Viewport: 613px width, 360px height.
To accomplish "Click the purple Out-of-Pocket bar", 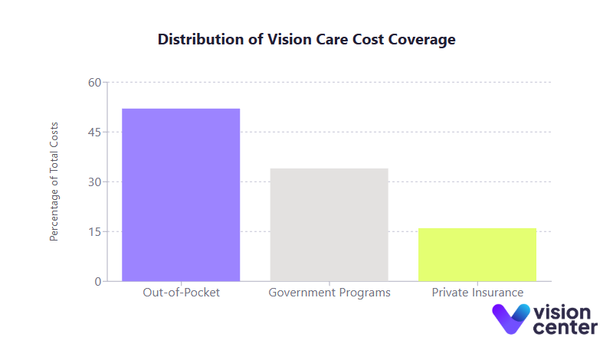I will coord(181,195).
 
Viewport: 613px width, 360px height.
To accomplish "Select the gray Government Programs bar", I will coord(329,224).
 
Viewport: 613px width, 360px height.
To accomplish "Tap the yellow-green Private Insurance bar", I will coord(477,254).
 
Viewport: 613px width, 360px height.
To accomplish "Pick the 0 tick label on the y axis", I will coord(97,282).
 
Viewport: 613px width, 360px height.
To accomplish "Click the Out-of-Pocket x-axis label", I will coord(181,293).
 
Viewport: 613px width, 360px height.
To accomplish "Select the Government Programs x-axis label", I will coord(329,293).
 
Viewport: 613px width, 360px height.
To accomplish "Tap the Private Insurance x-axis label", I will coord(477,293).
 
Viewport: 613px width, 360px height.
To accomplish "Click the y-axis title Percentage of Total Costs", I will coord(54,182).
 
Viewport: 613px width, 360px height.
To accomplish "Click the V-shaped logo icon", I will coord(510,318).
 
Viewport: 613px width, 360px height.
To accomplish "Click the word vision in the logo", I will coord(564,312).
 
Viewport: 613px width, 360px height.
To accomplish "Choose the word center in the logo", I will coord(565,328).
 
